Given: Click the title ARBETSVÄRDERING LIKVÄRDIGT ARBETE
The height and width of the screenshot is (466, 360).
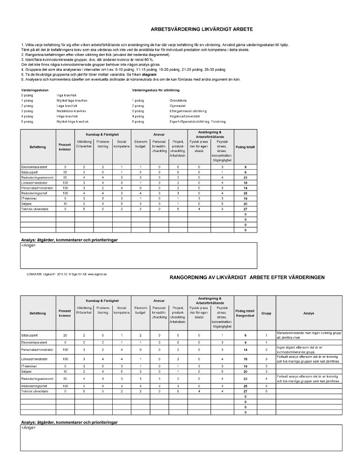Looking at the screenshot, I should coord(202,29).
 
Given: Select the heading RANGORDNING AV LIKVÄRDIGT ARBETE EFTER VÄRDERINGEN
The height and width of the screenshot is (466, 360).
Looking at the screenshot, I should coord(247,277).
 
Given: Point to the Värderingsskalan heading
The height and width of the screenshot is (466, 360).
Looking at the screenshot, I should coord(35,89).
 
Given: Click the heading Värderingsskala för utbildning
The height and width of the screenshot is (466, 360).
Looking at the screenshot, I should coord(156,89).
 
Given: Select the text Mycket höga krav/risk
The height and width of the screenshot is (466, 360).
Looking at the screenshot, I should coord(72,121).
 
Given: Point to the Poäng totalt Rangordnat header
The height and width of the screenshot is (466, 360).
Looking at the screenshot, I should coord(245,314).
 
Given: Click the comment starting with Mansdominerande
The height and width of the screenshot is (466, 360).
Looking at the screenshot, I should coord(300,335).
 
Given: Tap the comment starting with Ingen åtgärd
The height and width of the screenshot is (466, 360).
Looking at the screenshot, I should coord(300,349).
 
